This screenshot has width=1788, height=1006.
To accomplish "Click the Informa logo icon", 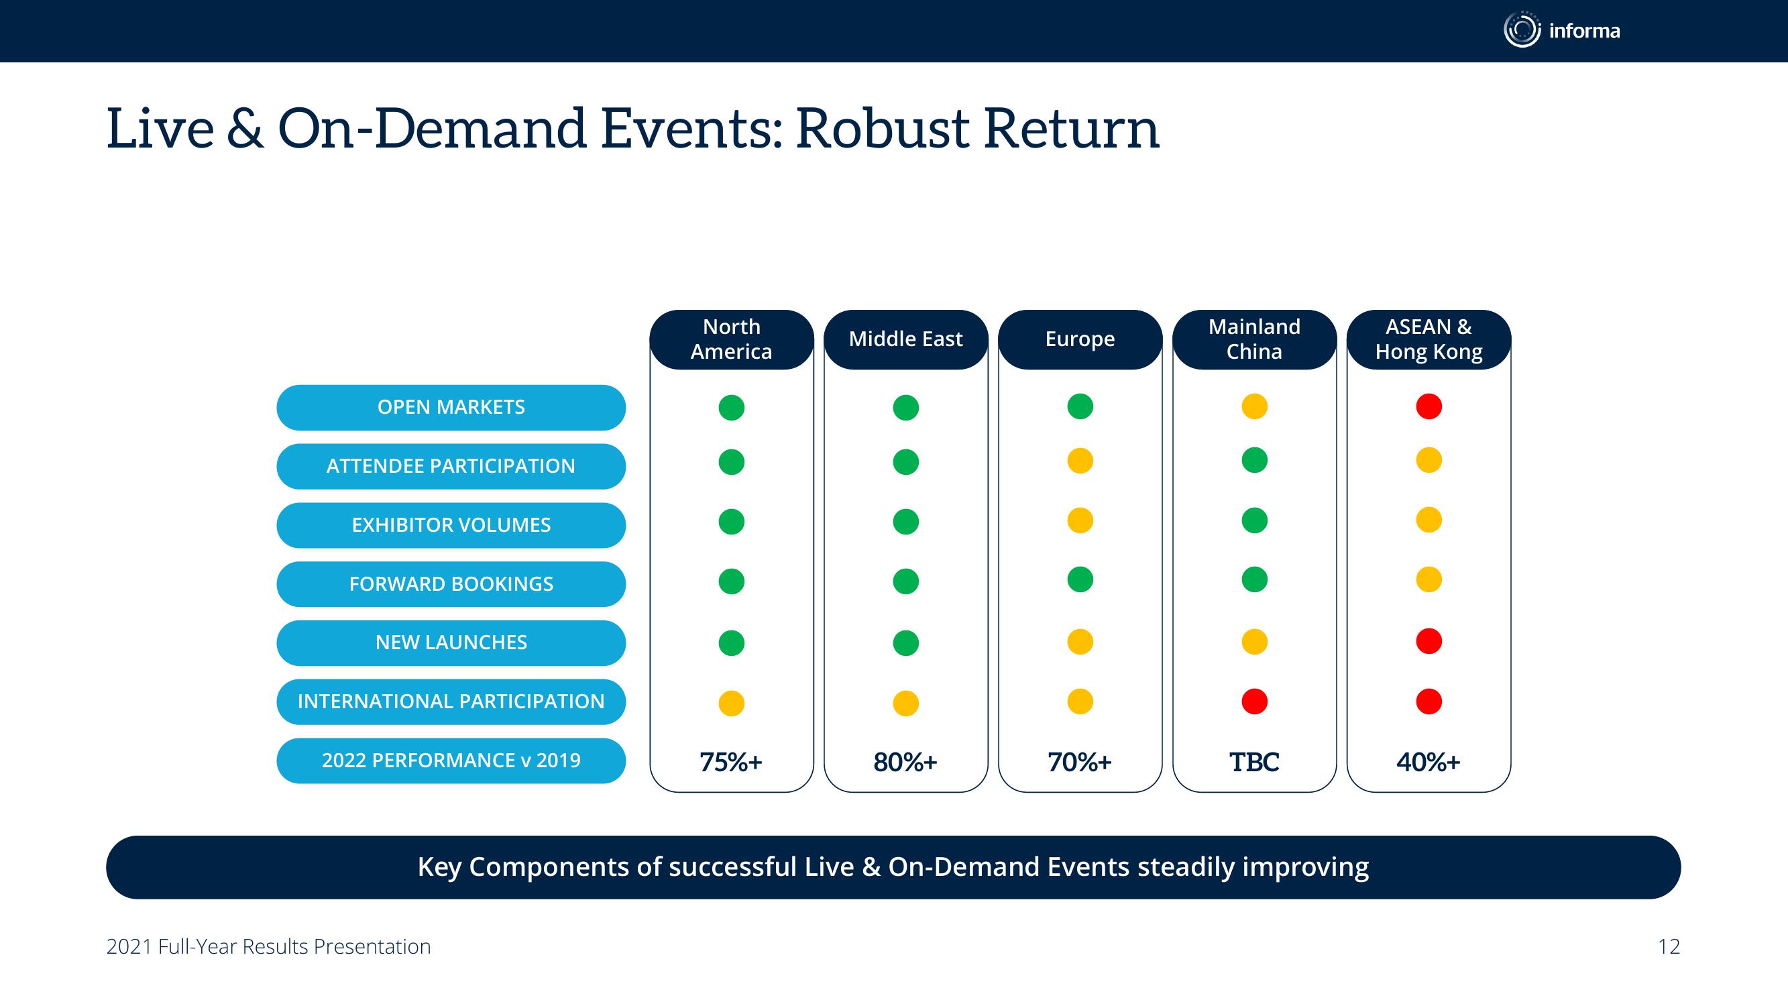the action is click(1522, 30).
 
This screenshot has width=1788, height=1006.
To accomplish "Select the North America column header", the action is click(732, 339).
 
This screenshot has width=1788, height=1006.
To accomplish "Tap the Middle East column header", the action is click(906, 339).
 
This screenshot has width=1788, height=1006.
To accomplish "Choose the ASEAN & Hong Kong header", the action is click(1429, 339).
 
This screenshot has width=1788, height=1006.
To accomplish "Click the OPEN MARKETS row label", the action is click(451, 408).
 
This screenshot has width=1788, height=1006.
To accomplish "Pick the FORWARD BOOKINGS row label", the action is click(451, 584).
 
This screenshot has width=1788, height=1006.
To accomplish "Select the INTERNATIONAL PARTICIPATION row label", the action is click(451, 702).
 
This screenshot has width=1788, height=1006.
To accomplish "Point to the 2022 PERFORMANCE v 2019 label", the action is click(451, 761).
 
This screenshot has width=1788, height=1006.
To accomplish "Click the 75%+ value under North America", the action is click(731, 763).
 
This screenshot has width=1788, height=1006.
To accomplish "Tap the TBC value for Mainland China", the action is click(1254, 763).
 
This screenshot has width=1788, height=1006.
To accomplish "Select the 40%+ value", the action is click(1429, 763).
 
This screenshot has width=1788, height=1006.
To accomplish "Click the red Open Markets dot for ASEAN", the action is click(1429, 406).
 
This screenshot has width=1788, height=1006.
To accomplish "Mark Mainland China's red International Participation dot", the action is click(1255, 702).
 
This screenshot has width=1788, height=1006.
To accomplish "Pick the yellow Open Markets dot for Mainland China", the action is click(1255, 406).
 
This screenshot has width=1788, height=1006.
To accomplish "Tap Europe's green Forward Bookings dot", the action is click(1080, 579).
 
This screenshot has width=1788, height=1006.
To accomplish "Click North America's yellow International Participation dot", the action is click(732, 704).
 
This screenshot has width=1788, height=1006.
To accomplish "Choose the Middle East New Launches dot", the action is click(906, 643).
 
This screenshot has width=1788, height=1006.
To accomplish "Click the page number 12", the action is click(1669, 947).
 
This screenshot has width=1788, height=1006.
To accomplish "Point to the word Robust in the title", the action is click(883, 129).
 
